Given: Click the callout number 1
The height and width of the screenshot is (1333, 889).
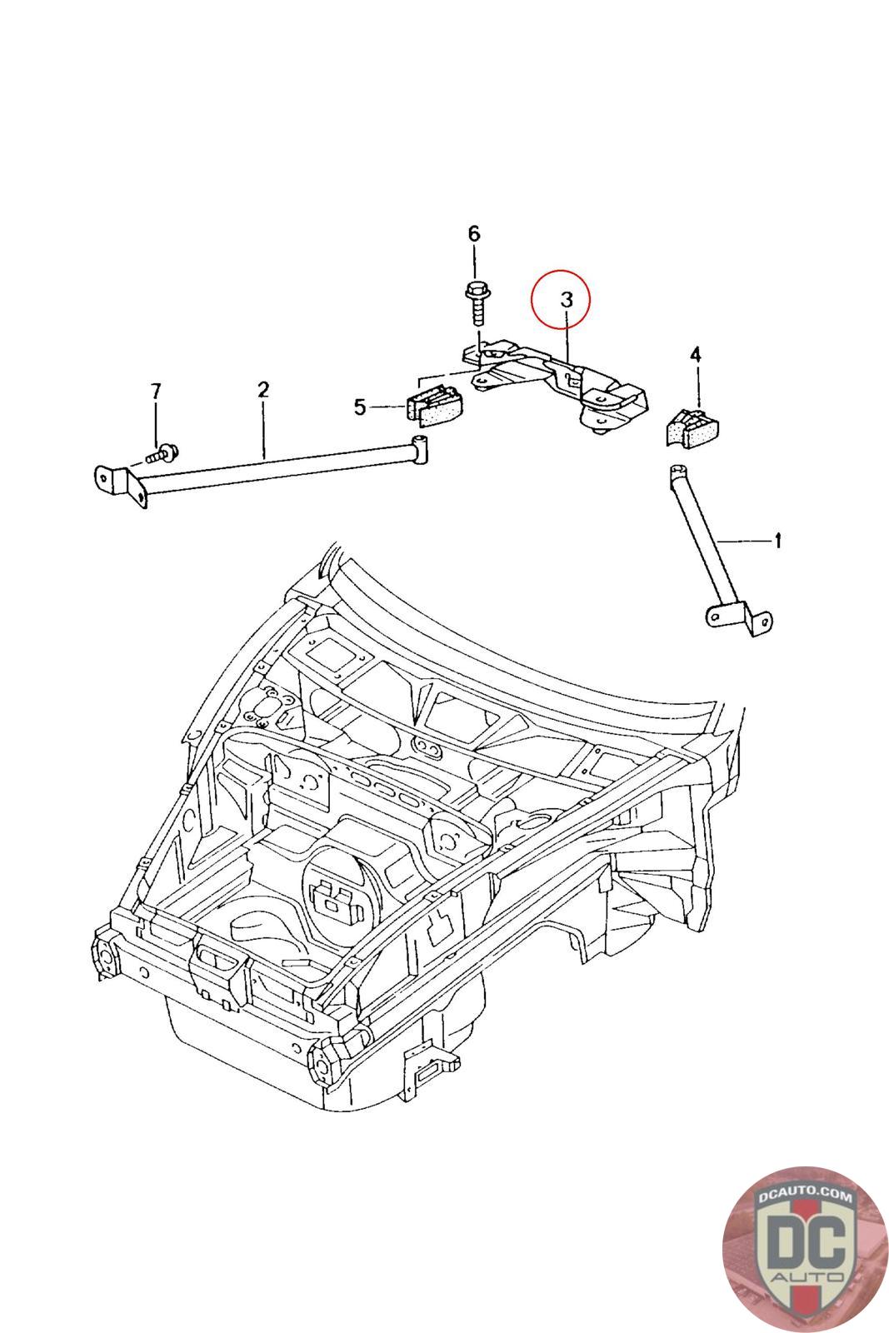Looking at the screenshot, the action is (x=777, y=541).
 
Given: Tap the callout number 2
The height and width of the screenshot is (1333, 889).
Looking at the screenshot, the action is (x=263, y=390).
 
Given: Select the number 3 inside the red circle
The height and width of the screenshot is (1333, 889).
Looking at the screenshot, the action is (x=567, y=299).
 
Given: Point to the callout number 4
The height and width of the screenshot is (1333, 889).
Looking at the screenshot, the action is (x=695, y=355).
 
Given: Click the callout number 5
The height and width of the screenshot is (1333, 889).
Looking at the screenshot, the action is (x=360, y=407).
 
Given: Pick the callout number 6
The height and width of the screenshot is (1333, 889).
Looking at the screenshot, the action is (x=473, y=234).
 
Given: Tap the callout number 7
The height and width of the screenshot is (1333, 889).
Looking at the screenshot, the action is (x=155, y=392).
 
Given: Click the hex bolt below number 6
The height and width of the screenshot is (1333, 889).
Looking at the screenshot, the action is (x=476, y=303).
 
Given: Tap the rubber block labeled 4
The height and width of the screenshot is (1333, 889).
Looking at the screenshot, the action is (x=691, y=426).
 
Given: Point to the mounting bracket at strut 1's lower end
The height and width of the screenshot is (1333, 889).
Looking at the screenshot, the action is (x=740, y=619).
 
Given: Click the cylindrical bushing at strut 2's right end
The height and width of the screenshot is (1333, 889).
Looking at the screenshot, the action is (x=420, y=450).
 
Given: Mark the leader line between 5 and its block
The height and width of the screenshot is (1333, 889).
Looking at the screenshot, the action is (x=387, y=407).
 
